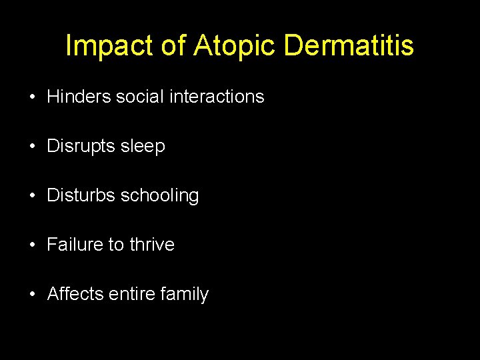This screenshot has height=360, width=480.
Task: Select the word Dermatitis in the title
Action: [x=349, y=46]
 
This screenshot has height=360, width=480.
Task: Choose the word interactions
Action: [x=217, y=97]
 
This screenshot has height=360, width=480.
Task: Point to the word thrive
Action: [x=152, y=245]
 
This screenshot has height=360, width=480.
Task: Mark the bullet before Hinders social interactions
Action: [x=32, y=97]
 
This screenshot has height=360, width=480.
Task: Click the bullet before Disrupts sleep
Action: [x=32, y=147]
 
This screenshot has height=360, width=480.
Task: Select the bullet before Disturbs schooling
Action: [x=32, y=196]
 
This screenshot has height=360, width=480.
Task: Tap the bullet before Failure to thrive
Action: [x=32, y=245]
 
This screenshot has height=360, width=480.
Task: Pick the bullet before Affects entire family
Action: [x=32, y=295]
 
